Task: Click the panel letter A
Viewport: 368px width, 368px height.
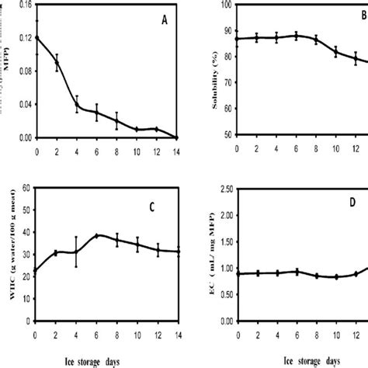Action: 164,21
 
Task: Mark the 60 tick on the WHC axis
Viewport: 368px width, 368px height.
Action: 26,187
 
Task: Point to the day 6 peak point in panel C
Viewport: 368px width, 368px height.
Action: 96,235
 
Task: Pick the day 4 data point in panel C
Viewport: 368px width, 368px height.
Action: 76,252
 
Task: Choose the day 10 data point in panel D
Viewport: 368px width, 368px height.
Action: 335,276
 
